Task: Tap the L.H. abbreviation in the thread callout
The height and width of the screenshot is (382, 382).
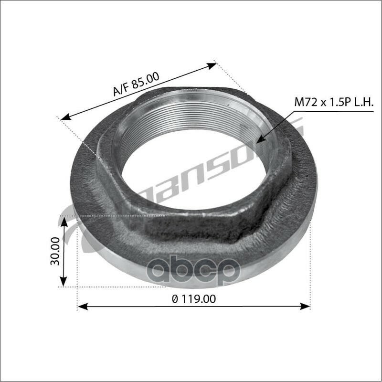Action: (x=362, y=102)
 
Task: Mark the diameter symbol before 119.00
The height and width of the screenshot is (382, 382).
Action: (x=175, y=299)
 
